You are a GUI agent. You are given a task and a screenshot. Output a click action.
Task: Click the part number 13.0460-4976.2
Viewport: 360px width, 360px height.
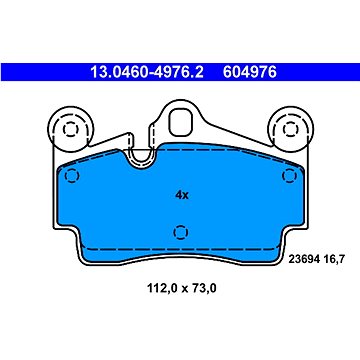coord(147,72)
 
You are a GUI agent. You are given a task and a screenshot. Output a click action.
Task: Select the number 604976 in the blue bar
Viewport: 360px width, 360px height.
coord(250,72)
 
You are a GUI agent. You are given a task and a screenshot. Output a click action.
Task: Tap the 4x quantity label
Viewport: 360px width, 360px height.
coord(182,195)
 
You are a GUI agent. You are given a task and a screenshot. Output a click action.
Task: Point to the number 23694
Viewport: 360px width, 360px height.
coord(304,258)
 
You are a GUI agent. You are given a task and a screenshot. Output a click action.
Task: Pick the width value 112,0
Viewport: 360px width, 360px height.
coord(163,288)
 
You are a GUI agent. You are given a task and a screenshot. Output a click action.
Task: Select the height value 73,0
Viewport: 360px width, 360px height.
coord(203,288)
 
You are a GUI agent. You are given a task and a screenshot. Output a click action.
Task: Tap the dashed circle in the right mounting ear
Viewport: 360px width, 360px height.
coord(289,129)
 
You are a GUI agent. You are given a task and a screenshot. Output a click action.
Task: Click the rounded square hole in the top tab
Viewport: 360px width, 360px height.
coord(181,122)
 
